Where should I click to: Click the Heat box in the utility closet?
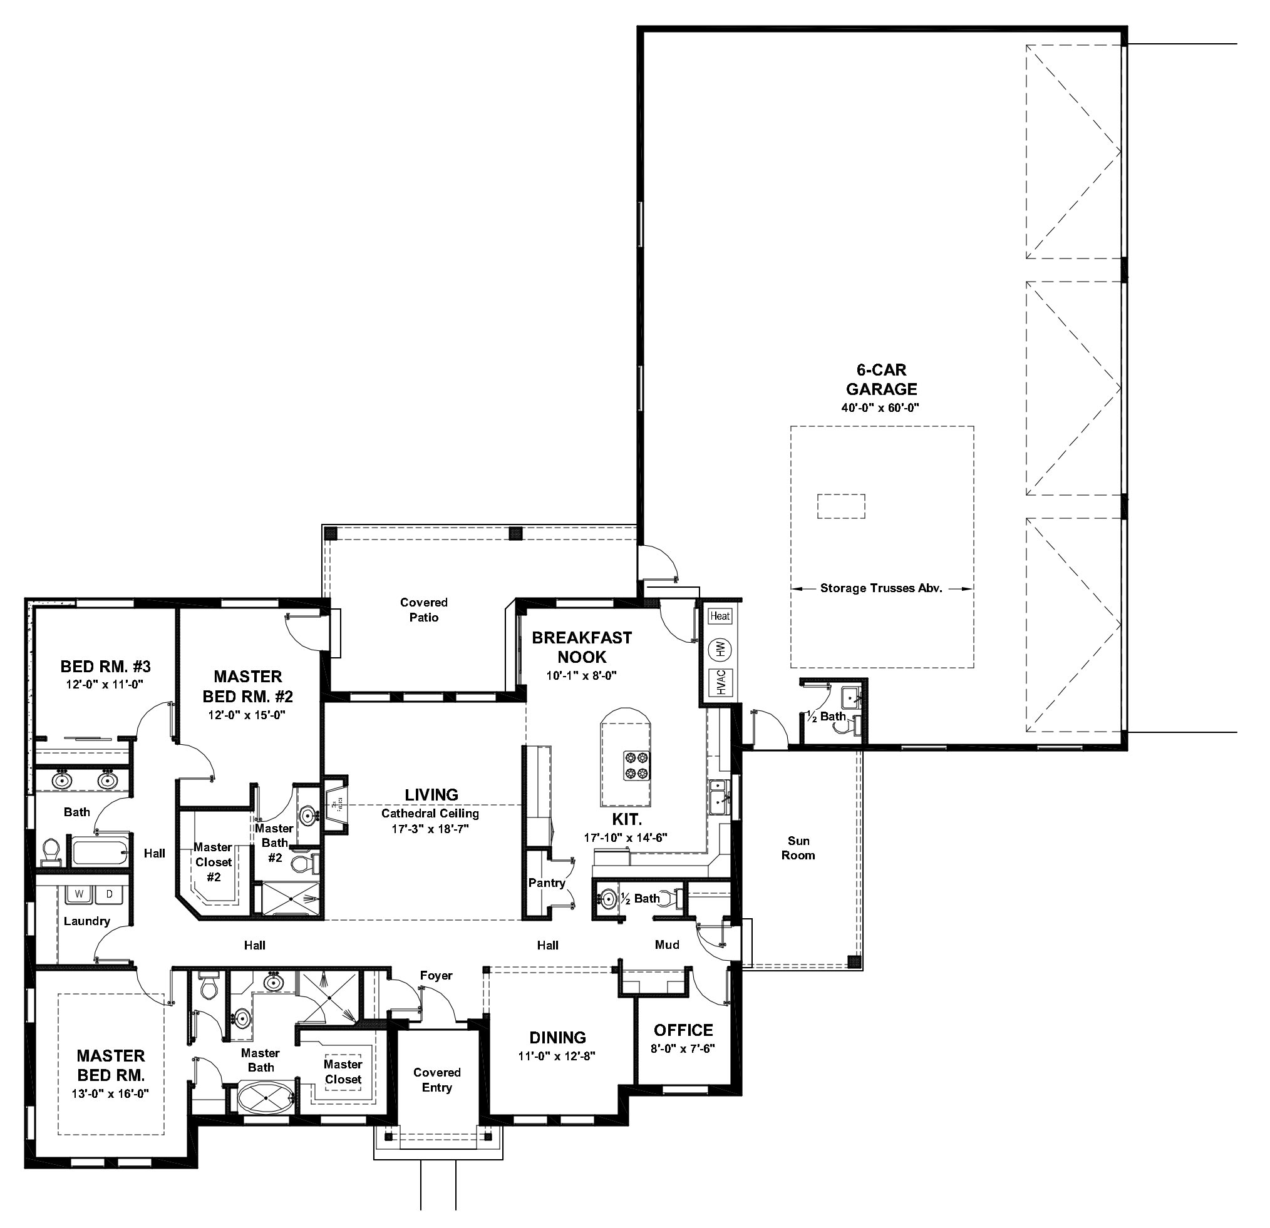[720, 616]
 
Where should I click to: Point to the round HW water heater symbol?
[720, 648]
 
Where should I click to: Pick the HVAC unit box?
[721, 683]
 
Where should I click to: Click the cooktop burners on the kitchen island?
[637, 765]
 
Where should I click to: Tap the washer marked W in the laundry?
[80, 894]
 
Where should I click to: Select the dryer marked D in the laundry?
[110, 894]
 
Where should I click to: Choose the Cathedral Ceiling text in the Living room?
[430, 814]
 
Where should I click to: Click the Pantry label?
[547, 883]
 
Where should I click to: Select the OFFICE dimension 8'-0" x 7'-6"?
[683, 1049]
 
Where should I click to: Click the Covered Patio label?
[424, 610]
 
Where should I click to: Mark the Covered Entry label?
[436, 1080]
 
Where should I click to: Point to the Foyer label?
[436, 975]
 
